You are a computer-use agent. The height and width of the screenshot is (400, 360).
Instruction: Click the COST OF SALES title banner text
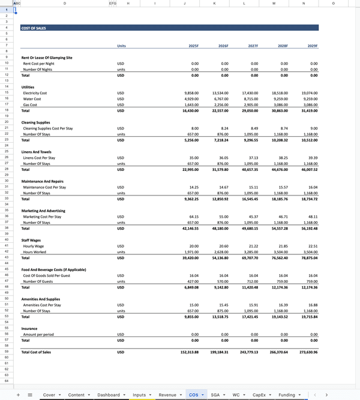point(34,28)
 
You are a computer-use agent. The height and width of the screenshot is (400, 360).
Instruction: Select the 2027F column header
point(253,46)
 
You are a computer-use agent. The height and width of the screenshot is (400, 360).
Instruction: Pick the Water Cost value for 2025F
point(191,99)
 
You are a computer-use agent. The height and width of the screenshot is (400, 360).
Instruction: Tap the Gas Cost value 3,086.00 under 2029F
point(310,105)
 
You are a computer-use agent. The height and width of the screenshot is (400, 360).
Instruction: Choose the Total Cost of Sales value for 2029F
point(307,352)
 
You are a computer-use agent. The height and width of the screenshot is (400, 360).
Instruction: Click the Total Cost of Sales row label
point(36,352)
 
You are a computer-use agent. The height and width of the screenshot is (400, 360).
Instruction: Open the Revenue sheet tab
point(167,395)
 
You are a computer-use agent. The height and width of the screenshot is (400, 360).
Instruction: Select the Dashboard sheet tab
point(109,395)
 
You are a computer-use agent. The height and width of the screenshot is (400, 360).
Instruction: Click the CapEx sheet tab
point(259,395)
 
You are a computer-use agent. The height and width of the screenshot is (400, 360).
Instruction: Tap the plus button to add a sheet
point(18,395)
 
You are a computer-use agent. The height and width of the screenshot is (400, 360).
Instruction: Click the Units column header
point(122,46)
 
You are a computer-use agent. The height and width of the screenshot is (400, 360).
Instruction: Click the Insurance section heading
point(30,328)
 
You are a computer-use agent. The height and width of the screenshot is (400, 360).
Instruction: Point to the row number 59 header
point(6,352)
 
